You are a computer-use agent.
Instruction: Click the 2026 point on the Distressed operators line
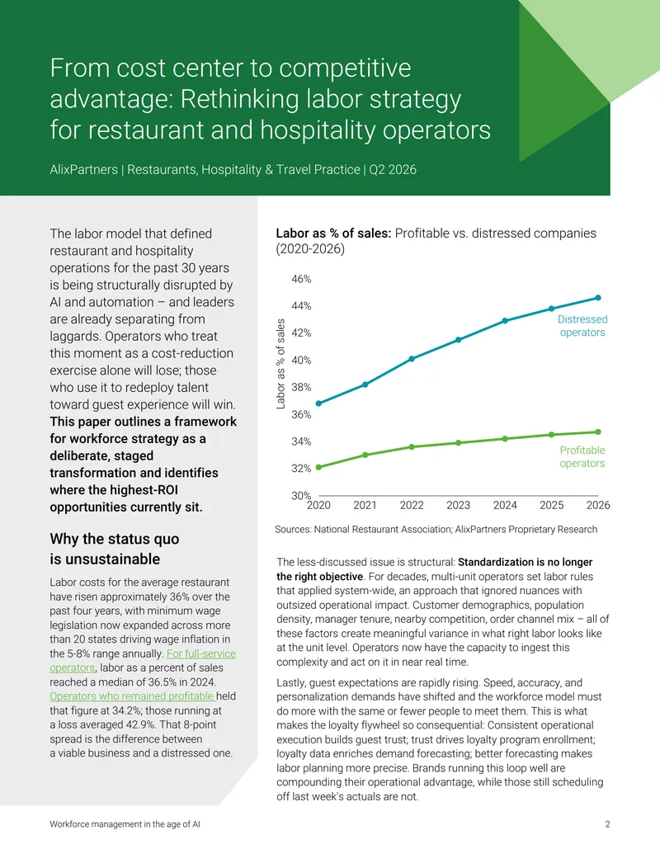[x=598, y=298]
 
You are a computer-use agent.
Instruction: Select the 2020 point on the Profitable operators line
[x=318, y=467]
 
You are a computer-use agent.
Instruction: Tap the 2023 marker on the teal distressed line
[x=459, y=340]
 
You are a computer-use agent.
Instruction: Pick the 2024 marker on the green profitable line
[x=505, y=438]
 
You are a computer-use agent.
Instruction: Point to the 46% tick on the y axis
[x=301, y=279]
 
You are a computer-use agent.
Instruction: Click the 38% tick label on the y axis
[x=301, y=387]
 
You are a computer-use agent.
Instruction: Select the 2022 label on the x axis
[x=412, y=505]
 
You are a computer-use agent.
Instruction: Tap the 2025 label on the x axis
[x=552, y=505]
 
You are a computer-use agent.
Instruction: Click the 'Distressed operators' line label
[x=582, y=326]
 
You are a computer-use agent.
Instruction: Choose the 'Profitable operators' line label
[x=582, y=456]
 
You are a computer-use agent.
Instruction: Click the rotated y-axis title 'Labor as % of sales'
[x=281, y=364]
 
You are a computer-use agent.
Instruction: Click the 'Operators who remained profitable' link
[x=132, y=696]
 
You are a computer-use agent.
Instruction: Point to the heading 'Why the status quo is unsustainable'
[x=115, y=549]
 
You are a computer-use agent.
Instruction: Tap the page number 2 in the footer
[x=607, y=824]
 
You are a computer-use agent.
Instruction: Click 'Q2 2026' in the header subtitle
[x=393, y=169]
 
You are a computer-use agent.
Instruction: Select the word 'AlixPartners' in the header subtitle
[x=83, y=169]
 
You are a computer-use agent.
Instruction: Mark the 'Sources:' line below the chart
[x=436, y=530]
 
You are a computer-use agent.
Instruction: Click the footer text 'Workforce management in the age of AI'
[x=125, y=824]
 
